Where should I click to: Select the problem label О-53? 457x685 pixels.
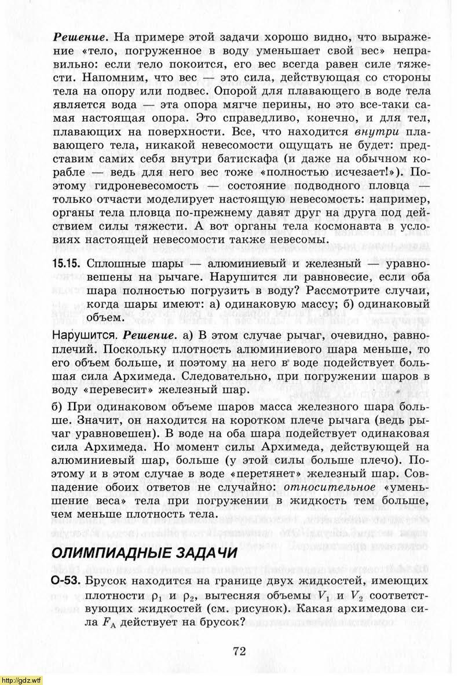click(66, 580)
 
